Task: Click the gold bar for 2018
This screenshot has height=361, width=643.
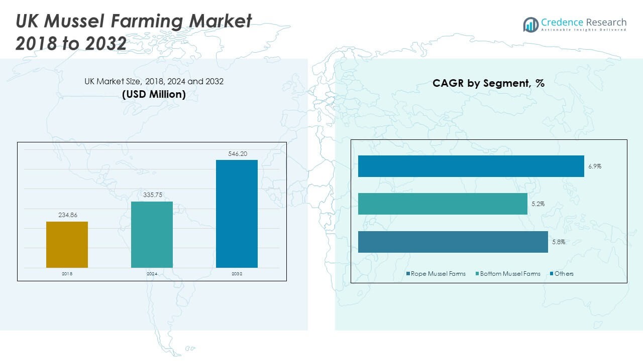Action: click(x=67, y=244)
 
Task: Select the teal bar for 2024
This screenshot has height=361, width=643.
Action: click(x=152, y=234)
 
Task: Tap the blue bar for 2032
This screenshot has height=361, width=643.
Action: click(x=237, y=214)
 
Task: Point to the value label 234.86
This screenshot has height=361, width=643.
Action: click(x=67, y=215)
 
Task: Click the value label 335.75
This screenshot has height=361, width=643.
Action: click(x=152, y=195)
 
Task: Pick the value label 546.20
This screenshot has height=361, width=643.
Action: click(x=237, y=153)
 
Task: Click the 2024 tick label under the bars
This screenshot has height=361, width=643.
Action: click(x=152, y=274)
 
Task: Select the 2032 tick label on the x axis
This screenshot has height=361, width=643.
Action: click(x=237, y=274)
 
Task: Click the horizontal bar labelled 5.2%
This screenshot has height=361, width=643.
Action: click(x=443, y=204)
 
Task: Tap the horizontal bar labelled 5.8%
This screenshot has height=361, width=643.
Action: click(x=453, y=242)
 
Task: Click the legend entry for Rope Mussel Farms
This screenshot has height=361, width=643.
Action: click(x=436, y=274)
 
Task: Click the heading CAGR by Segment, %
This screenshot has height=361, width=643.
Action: click(x=488, y=83)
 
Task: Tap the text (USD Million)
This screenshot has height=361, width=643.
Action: click(x=154, y=94)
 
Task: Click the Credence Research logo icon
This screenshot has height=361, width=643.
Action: click(x=530, y=24)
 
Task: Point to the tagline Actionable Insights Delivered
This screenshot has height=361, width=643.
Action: click(x=584, y=30)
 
